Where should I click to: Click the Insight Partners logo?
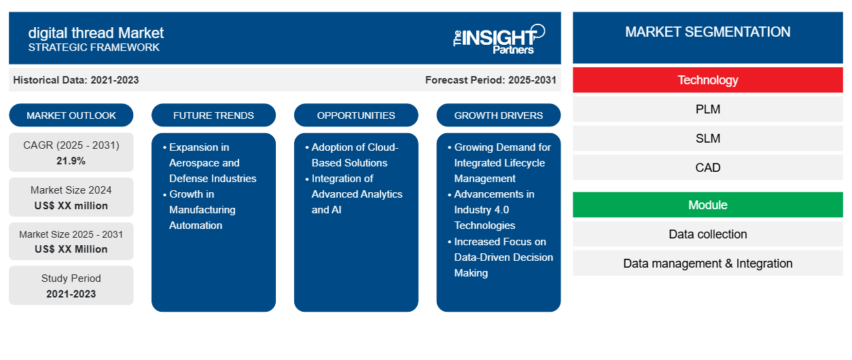click(499, 39)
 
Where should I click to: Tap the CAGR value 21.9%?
click(71, 161)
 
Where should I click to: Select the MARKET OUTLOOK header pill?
click(71, 115)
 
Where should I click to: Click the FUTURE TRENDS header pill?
click(213, 115)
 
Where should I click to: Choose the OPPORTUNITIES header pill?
click(356, 115)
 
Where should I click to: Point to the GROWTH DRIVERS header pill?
click(498, 115)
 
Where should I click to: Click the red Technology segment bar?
click(708, 80)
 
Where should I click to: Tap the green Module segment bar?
click(708, 205)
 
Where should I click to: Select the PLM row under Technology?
click(708, 109)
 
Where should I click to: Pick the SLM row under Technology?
click(708, 139)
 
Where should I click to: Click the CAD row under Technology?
click(708, 168)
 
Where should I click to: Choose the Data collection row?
click(708, 234)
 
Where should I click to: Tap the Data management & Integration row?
click(708, 264)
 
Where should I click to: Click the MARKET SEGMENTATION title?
click(708, 32)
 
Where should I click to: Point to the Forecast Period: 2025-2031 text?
click(491, 80)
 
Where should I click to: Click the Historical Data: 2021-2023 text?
click(76, 80)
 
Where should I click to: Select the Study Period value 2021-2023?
click(71, 294)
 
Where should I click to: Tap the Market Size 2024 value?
click(71, 206)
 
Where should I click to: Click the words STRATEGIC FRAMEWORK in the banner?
click(94, 48)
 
